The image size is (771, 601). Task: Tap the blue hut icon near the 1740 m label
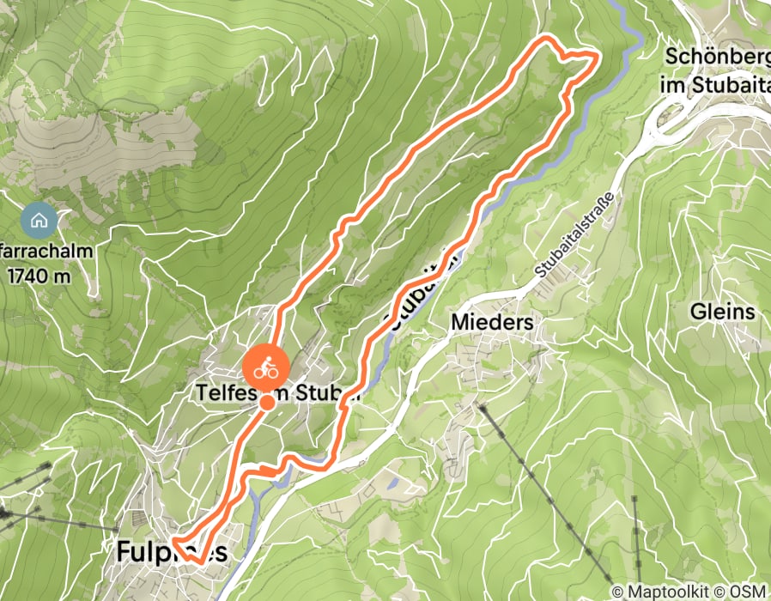coord(39,221)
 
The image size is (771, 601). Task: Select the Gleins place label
coord(722,312)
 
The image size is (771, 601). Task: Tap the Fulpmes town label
coord(172,553)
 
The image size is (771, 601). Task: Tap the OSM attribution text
coord(750,592)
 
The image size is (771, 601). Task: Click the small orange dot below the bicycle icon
coord(267,402)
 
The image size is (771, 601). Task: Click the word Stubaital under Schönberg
coord(715,85)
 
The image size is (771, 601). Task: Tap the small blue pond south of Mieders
coord(392,483)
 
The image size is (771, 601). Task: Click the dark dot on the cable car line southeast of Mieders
coord(483,410)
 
